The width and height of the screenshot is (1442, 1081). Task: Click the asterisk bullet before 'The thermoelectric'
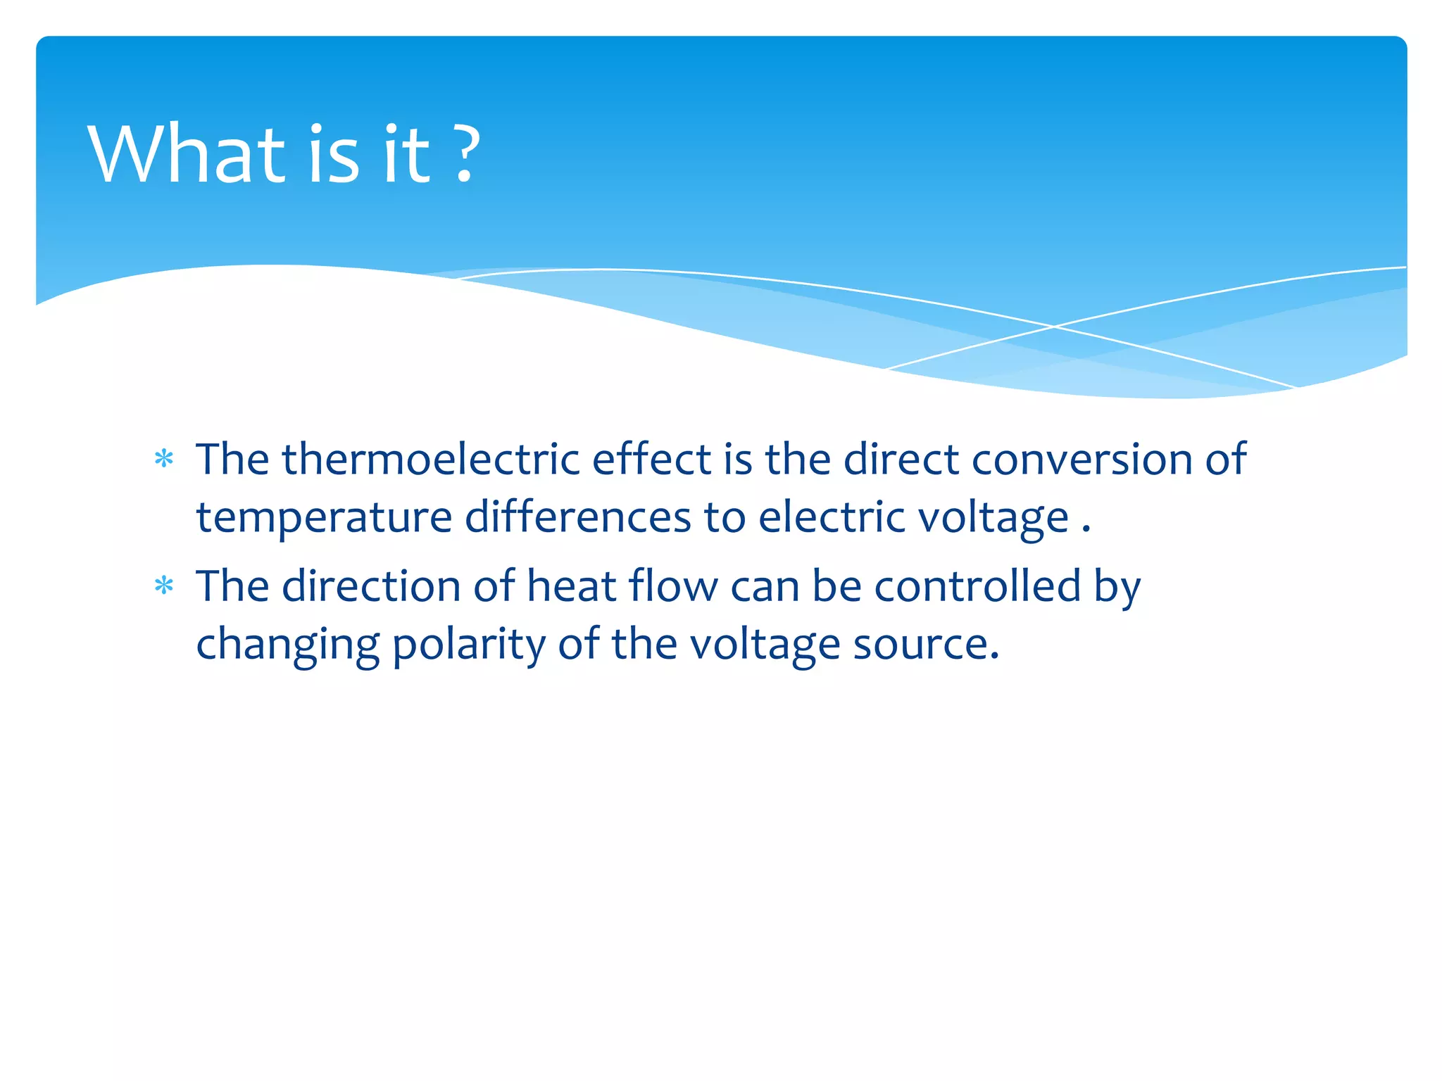pyautogui.click(x=164, y=460)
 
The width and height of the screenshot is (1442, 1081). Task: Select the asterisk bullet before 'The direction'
pyautogui.click(x=164, y=586)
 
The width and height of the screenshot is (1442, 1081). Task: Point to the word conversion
pyautogui.click(x=1082, y=460)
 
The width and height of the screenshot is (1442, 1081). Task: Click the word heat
pyautogui.click(x=571, y=586)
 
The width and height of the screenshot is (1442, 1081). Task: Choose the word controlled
pyautogui.click(x=977, y=586)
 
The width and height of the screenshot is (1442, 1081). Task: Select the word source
pyautogui.click(x=925, y=645)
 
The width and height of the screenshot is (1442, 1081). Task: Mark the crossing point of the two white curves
pyautogui.click(x=1054, y=327)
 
